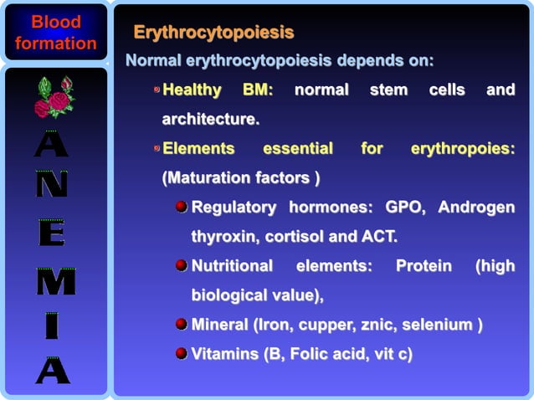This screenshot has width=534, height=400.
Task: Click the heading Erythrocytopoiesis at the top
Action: point(214,33)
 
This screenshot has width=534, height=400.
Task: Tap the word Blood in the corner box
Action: point(55,22)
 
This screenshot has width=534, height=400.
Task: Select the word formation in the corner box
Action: point(55,43)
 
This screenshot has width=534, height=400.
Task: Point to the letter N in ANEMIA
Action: point(51,184)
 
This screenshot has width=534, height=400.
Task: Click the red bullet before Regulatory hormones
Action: point(181,207)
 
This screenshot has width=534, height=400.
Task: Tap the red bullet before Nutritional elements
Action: point(181,265)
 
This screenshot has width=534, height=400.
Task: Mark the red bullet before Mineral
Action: point(181,324)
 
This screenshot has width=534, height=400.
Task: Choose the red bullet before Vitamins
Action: point(181,353)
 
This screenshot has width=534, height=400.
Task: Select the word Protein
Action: point(424,265)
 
